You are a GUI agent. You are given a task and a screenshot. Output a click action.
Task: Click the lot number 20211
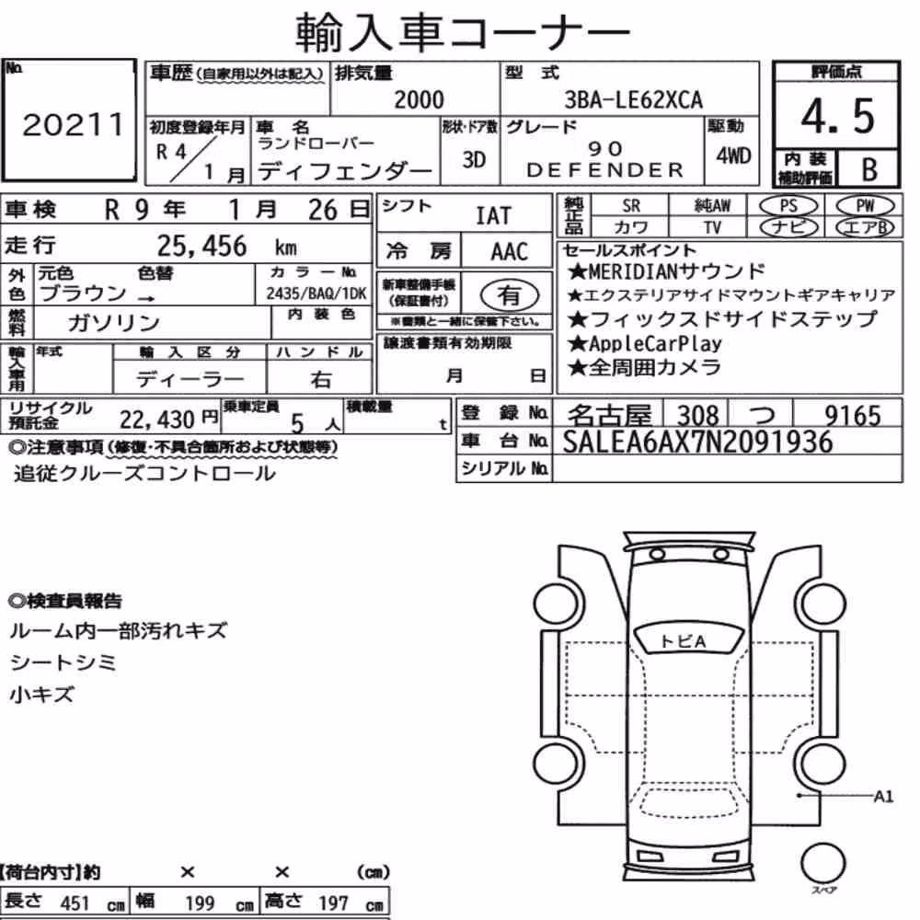(x=74, y=124)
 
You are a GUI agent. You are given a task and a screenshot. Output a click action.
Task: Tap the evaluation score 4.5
(x=837, y=116)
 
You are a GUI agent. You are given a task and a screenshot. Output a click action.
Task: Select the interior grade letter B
(x=869, y=169)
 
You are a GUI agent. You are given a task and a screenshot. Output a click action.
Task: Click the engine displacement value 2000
(x=419, y=99)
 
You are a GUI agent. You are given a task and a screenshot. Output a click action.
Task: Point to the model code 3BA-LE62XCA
(x=633, y=99)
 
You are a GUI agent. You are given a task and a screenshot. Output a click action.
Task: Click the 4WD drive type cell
(x=733, y=155)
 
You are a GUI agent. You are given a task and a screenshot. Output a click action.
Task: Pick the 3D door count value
(x=474, y=159)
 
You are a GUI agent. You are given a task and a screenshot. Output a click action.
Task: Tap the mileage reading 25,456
(x=201, y=246)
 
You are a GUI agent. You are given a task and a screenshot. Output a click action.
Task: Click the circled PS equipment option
(x=788, y=206)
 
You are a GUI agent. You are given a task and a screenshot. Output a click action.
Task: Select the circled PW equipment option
(x=865, y=206)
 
